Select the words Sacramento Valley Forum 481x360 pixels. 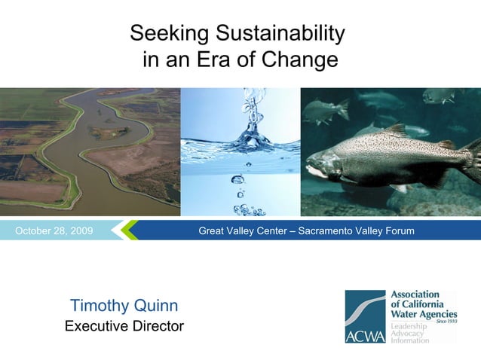point(356,230)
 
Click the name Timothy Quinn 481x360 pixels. point(124,305)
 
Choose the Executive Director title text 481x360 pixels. point(124,326)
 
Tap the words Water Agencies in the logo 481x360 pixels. point(423,313)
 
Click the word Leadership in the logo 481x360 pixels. point(409,326)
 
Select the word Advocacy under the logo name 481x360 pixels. point(407,333)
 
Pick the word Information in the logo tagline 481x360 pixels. point(409,340)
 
